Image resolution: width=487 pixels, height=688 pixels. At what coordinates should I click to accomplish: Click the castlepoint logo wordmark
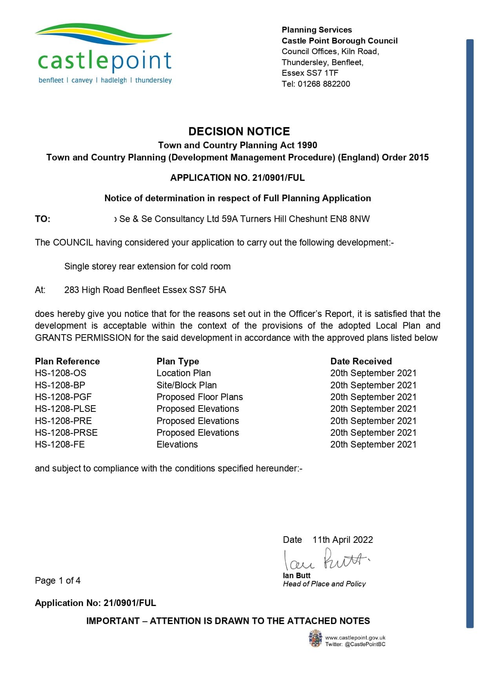(104, 61)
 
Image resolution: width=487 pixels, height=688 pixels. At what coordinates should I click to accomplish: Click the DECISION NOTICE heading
(239, 131)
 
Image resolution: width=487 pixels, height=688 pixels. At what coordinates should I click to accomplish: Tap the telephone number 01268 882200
(324, 84)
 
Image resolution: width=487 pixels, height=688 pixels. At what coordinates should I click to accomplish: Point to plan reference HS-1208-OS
(60, 373)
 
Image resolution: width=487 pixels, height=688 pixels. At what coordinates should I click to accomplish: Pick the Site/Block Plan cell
(186, 385)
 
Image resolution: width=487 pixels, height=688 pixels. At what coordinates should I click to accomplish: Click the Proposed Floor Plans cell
(199, 397)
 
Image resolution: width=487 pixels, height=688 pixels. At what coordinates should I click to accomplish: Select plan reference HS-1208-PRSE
(66, 433)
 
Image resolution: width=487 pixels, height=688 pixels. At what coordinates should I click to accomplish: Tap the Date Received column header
(361, 361)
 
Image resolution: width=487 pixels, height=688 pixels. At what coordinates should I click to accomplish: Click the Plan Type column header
(177, 361)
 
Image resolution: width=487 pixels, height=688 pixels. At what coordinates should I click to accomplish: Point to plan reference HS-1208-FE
(60, 444)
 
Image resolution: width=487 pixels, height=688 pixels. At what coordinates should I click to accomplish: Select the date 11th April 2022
(342, 540)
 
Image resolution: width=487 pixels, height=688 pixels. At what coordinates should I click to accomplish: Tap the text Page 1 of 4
(58, 581)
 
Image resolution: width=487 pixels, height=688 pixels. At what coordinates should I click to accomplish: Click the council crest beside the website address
(315, 638)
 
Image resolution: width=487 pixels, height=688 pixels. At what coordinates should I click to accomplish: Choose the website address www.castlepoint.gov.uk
(355, 638)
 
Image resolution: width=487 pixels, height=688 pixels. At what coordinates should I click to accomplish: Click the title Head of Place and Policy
(324, 584)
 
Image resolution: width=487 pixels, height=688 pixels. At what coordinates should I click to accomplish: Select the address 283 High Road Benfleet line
(145, 290)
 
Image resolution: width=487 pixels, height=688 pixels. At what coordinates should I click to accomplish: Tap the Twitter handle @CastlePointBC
(365, 644)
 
